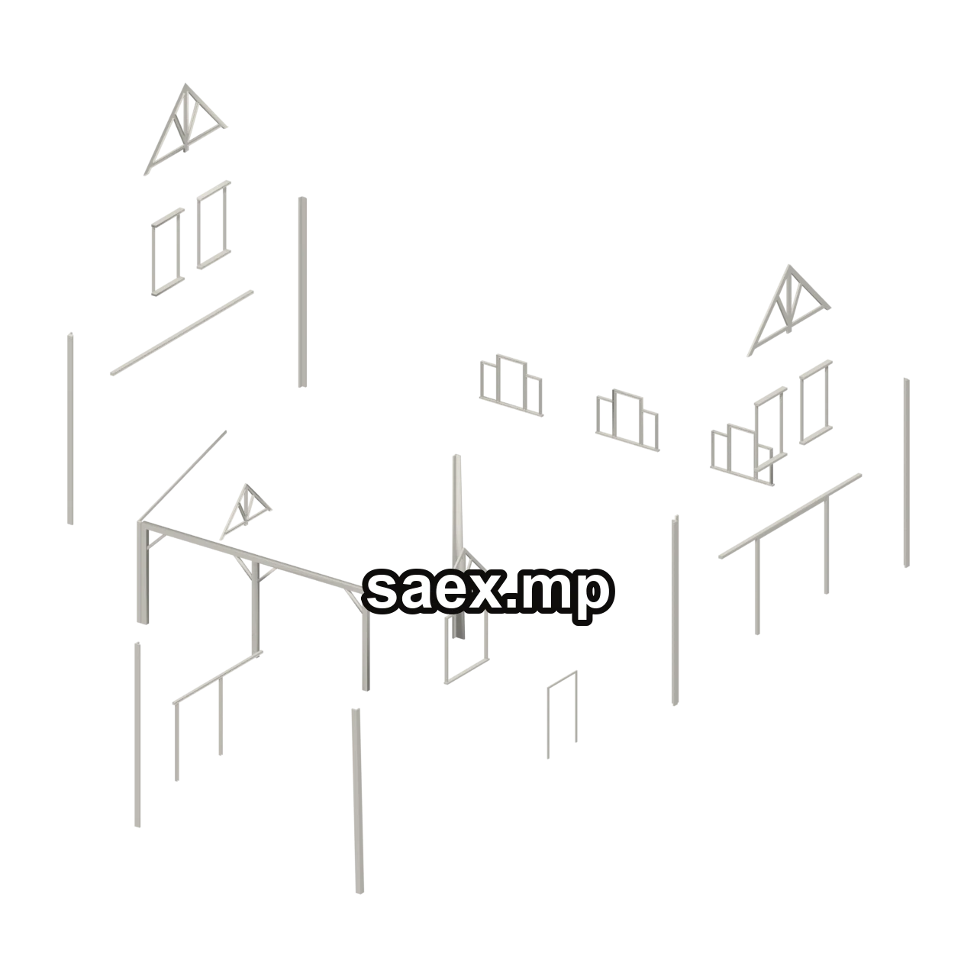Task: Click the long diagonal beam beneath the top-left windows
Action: (x=182, y=333)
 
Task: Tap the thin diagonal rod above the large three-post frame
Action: (x=183, y=476)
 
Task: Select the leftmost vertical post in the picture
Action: (x=69, y=428)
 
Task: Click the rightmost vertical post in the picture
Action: (x=906, y=472)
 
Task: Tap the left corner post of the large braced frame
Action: (x=143, y=572)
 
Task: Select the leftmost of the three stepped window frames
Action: (x=511, y=385)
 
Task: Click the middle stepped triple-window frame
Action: (x=627, y=421)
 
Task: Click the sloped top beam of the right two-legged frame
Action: (x=790, y=516)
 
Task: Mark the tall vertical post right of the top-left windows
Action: (x=302, y=292)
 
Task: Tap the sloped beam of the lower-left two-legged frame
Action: (x=218, y=678)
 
